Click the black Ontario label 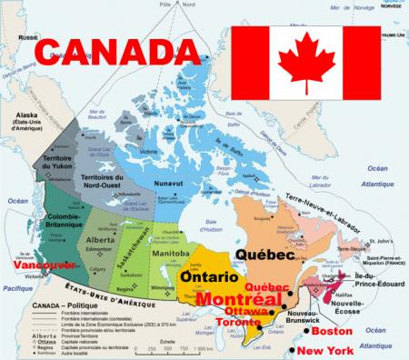click(210, 275)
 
